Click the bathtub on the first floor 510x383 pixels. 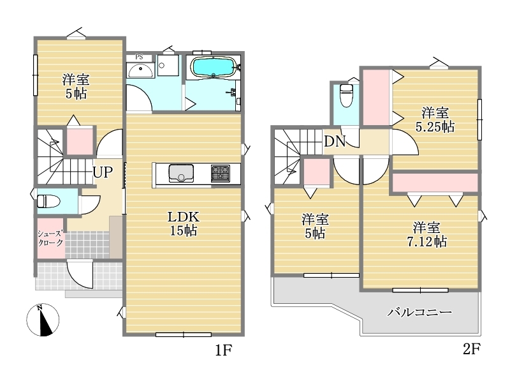click(x=214, y=67)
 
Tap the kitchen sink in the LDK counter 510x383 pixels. click(x=181, y=173)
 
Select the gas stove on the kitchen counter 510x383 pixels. click(x=221, y=173)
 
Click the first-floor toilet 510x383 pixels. click(x=49, y=201)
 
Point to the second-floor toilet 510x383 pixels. click(x=346, y=95)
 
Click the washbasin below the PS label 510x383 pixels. click(x=140, y=71)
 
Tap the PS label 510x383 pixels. click(x=139, y=57)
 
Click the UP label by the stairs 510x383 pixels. click(x=103, y=172)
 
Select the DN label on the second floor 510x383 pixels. click(x=335, y=141)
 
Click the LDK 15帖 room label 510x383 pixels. click(x=183, y=224)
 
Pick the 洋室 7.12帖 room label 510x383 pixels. click(x=426, y=234)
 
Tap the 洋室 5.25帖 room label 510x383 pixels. click(x=435, y=120)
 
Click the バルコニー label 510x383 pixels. click(x=419, y=313)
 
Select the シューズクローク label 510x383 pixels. click(x=50, y=238)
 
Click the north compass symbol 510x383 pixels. click(x=43, y=320)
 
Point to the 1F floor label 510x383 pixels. click(x=224, y=350)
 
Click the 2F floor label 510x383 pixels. click(x=472, y=349)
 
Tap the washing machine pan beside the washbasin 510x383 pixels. click(x=168, y=65)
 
